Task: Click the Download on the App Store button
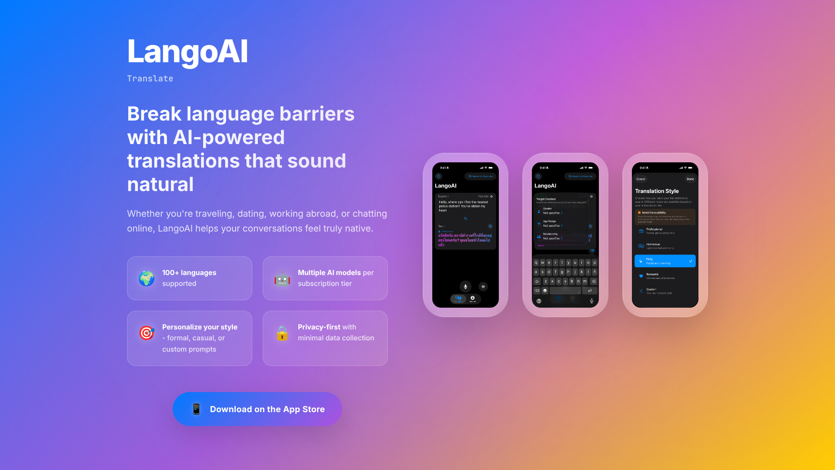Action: (257, 409)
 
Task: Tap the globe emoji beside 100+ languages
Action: (147, 279)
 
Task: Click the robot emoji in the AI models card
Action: (282, 279)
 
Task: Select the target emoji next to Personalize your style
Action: (147, 333)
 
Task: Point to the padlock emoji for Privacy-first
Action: (282, 333)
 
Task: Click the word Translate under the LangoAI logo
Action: (150, 79)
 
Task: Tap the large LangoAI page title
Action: (187, 52)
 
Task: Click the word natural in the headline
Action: (160, 185)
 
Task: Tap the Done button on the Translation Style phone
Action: (690, 179)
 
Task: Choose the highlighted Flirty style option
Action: (665, 261)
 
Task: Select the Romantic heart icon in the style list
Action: (641, 276)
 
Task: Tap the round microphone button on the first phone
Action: (465, 286)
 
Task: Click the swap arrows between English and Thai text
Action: (465, 218)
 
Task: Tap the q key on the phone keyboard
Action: (536, 263)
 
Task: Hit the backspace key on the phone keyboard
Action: (594, 282)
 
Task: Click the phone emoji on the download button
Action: (196, 409)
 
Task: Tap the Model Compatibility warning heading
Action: (654, 213)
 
